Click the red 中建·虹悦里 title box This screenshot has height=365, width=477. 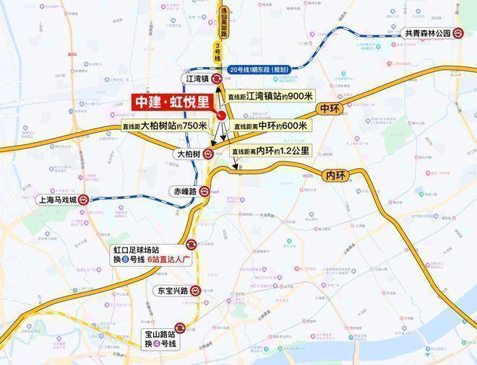click(x=172, y=102)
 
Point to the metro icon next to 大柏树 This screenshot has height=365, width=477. click(x=208, y=154)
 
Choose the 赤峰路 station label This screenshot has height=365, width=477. click(x=184, y=192)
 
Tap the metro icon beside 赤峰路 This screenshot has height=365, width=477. click(x=205, y=192)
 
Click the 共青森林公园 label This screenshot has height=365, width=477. click(x=426, y=33)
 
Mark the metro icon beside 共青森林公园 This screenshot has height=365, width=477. click(x=458, y=33)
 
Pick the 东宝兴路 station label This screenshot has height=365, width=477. click(x=172, y=291)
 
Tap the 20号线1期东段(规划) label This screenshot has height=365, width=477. click(x=258, y=69)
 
